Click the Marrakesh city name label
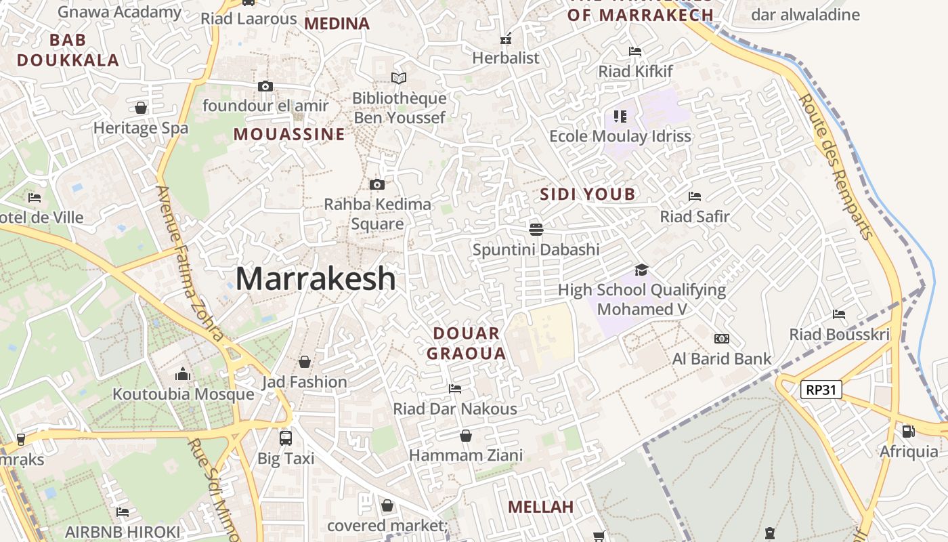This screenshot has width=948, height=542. [316, 278]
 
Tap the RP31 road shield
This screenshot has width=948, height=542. [821, 390]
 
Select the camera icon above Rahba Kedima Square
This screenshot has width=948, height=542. [377, 184]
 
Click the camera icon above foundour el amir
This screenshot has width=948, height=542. [265, 86]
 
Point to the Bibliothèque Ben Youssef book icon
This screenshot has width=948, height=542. [399, 79]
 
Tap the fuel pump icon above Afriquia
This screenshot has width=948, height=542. [909, 431]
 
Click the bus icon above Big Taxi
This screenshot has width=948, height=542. [286, 438]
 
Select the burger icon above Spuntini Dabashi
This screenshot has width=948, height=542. [536, 229]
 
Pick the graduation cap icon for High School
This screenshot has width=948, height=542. [641, 270]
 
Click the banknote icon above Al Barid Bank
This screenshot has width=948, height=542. [722, 338]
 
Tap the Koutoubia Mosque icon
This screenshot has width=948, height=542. [183, 374]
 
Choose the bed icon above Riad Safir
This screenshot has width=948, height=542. [695, 196]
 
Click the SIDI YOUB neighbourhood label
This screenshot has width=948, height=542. [588, 194]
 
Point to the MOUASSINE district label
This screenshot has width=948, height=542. [289, 134]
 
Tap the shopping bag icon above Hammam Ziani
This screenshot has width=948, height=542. [465, 435]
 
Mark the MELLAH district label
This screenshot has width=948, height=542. [540, 507]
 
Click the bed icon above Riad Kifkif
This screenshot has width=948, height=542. [635, 51]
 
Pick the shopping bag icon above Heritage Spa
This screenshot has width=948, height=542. [141, 108]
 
